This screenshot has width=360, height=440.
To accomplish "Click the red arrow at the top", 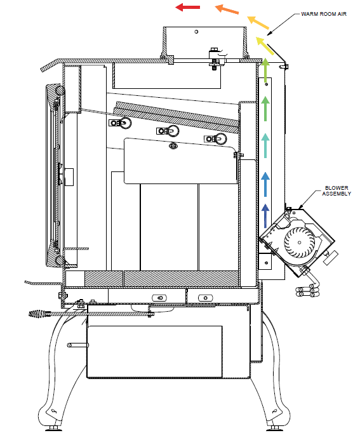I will pyautogui.click(x=187, y=7).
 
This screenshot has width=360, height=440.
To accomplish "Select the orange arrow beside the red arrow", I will pyautogui.click(x=227, y=10).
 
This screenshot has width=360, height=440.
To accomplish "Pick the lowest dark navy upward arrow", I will pyautogui.click(x=265, y=215).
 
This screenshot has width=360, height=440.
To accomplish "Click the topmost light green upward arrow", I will pyautogui.click(x=265, y=70).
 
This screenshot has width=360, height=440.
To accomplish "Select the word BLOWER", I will pyautogui.click(x=337, y=188).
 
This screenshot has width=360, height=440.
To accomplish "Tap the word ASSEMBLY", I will pyautogui.click(x=337, y=194).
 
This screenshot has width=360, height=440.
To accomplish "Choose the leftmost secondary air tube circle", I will pyautogui.click(x=124, y=123).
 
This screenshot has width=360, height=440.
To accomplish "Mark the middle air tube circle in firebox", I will pyautogui.click(x=172, y=131).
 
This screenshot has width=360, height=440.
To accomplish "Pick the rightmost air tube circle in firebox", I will pyautogui.click(x=219, y=138).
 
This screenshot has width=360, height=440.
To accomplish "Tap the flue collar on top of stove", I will pyautogui.click(x=205, y=41).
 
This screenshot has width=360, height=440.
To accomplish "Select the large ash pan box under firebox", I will pyautogui.click(x=154, y=351).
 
